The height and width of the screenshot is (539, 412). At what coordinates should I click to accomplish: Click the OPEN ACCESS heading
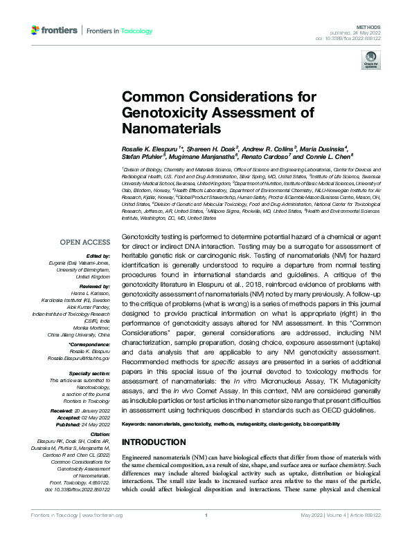pyautogui.click(x=84, y=241)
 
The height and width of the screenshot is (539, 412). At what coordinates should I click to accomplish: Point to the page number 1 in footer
pyautogui.click(x=206, y=516)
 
